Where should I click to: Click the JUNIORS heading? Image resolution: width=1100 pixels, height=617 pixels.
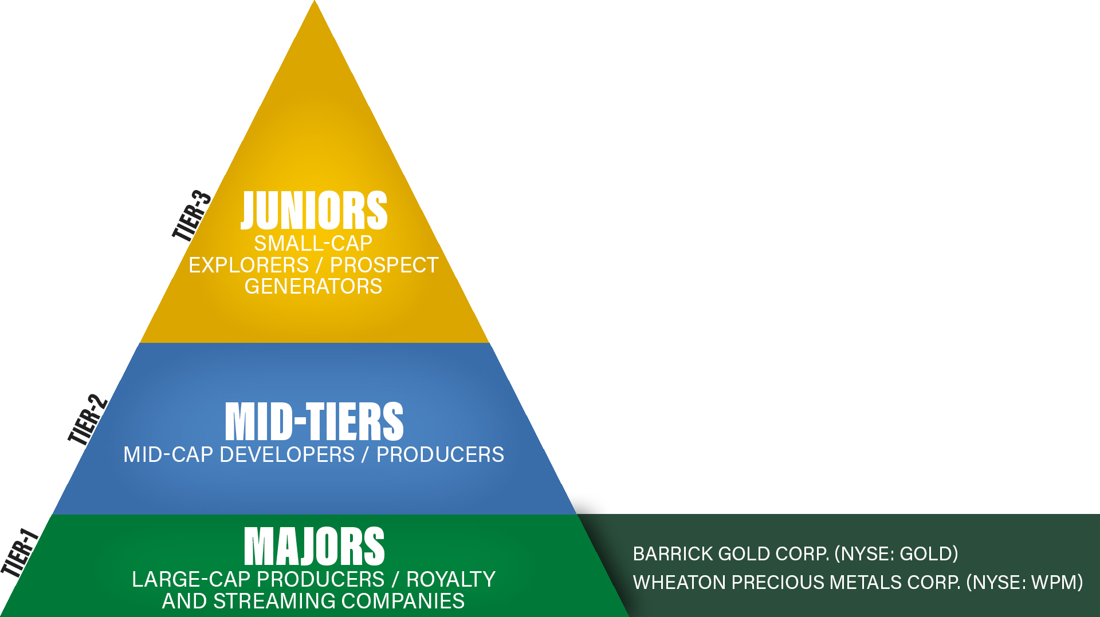pyautogui.click(x=314, y=210)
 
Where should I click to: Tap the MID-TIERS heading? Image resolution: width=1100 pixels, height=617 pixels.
pyautogui.click(x=314, y=421)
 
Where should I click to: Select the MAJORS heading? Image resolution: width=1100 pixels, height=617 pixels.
pyautogui.click(x=314, y=547)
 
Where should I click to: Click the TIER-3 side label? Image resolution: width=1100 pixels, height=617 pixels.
pyautogui.click(x=192, y=216)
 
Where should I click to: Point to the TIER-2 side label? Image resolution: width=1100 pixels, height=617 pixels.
pyautogui.click(x=88, y=420)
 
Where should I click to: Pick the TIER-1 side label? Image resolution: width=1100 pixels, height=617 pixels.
pyautogui.click(x=19, y=552)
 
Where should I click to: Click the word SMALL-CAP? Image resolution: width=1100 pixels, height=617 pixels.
pyautogui.click(x=313, y=244)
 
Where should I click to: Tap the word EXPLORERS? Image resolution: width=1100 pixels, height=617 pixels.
pyautogui.click(x=249, y=266)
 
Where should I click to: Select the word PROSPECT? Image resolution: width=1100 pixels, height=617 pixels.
pyautogui.click(x=384, y=266)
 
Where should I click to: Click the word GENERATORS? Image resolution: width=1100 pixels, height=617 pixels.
pyautogui.click(x=313, y=287)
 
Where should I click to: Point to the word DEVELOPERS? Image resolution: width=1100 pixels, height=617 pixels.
pyautogui.click(x=287, y=455)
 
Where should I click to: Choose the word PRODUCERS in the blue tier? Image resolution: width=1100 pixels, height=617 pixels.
pyautogui.click(x=440, y=455)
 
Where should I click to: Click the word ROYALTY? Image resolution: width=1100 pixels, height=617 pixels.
pyautogui.click(x=451, y=580)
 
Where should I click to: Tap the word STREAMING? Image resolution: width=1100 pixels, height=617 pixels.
pyautogui.click(x=274, y=602)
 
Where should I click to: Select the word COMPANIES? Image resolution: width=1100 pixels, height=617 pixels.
pyautogui.click(x=403, y=602)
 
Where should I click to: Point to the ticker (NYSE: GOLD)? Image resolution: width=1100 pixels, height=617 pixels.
pyautogui.click(x=896, y=554)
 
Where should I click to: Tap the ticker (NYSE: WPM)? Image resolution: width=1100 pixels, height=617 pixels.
pyautogui.click(x=1024, y=583)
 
